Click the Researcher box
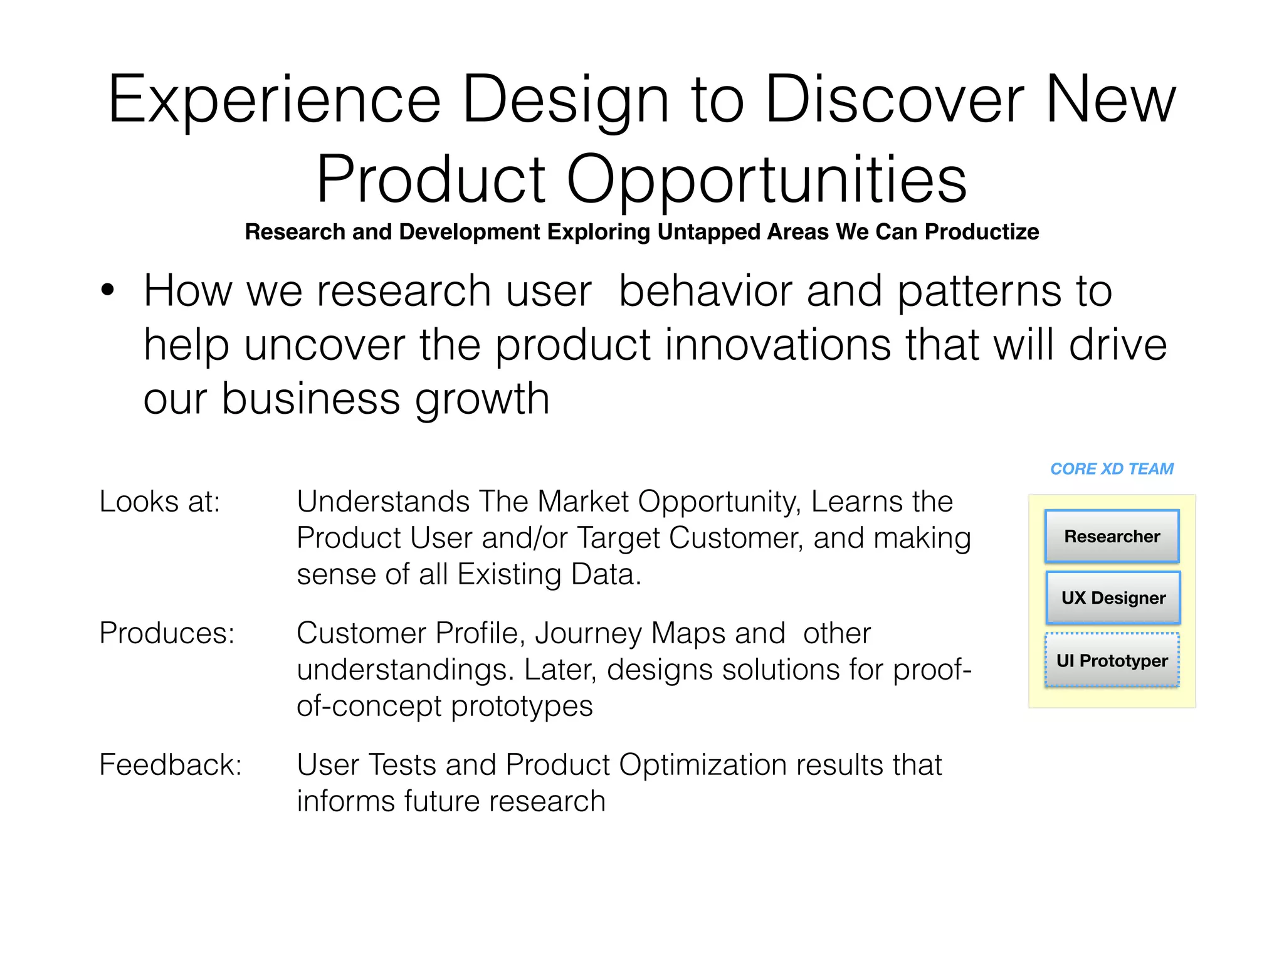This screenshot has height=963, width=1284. pos(1112,537)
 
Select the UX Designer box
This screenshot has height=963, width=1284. pos(1113,597)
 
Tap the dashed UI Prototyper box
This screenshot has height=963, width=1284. pos(1112,660)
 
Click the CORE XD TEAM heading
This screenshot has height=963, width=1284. pos(1112,469)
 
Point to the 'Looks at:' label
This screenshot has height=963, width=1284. pos(160,502)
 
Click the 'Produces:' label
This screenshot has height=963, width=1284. pos(167,633)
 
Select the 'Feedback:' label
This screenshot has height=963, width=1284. pos(171,765)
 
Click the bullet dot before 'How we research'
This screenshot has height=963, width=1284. pos(108,291)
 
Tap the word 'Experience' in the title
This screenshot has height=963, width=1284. pos(274,100)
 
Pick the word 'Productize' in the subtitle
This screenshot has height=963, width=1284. pos(982,232)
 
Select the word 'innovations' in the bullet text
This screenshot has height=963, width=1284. pos(777,345)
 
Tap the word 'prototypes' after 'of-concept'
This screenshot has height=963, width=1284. pos(522,707)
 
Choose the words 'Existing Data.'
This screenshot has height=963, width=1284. pos(549,574)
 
